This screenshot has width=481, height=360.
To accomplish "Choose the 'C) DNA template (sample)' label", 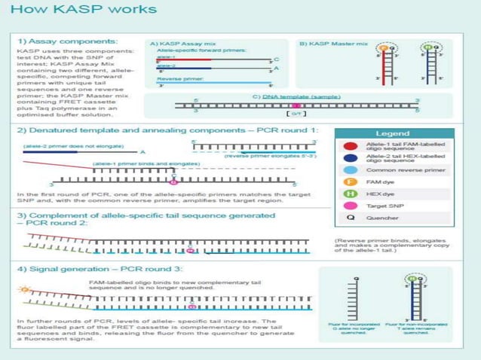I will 297,96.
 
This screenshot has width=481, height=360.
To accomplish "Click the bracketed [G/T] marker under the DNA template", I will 296,114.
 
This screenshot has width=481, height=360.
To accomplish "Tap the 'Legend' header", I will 392,133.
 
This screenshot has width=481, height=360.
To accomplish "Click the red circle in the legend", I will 350,146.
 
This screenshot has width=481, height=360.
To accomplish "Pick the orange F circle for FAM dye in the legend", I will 350,182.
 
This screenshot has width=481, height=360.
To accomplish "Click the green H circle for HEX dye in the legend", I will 350,194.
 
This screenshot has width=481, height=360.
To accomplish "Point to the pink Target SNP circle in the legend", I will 350,206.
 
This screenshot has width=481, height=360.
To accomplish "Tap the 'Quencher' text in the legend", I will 382,218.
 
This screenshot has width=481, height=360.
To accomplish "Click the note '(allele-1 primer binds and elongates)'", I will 141,163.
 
